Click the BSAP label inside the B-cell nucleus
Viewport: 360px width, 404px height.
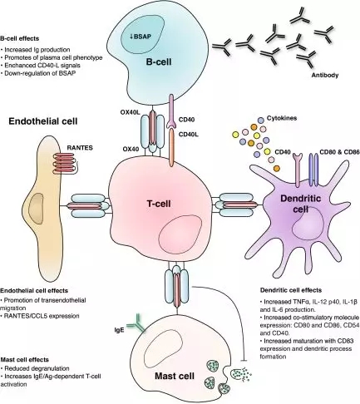(x=141, y=36)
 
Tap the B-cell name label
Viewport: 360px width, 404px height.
(x=159, y=62)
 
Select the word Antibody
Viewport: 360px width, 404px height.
(x=325, y=75)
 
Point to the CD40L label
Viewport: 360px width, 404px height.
(x=189, y=135)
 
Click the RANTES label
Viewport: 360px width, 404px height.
(x=80, y=148)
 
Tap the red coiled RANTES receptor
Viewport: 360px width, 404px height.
(x=66, y=164)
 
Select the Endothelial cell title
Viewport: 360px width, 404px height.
(x=43, y=121)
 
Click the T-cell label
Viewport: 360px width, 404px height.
(x=159, y=204)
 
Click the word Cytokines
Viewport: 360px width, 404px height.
(x=282, y=118)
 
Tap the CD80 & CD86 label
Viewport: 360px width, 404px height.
(x=339, y=152)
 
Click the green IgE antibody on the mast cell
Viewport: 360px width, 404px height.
(x=136, y=323)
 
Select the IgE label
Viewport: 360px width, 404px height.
(x=119, y=330)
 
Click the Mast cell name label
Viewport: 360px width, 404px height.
(x=175, y=376)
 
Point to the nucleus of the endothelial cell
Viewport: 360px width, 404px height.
(x=37, y=209)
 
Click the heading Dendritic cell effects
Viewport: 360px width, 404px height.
(x=291, y=290)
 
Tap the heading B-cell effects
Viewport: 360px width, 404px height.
(x=20, y=38)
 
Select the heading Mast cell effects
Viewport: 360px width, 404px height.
(x=25, y=360)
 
